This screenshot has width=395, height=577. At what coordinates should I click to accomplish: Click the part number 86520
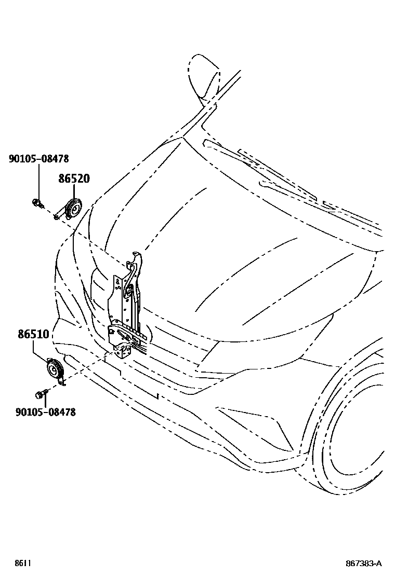tap(74, 179)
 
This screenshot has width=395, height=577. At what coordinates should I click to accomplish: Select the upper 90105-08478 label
tap(38, 159)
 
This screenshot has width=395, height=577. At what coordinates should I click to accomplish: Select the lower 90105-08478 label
tap(45, 412)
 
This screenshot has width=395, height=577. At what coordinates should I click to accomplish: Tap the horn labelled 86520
tap(73, 208)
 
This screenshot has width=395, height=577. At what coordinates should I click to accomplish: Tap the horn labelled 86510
tap(54, 369)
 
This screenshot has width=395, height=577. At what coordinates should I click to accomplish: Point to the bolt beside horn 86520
tap(37, 202)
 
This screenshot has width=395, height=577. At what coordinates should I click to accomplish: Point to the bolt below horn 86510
tap(39, 395)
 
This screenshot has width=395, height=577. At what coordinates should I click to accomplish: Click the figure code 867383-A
tap(364, 564)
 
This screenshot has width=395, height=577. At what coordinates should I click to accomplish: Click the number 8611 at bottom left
tap(22, 564)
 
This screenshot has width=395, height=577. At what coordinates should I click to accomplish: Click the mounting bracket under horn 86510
tap(62, 382)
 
